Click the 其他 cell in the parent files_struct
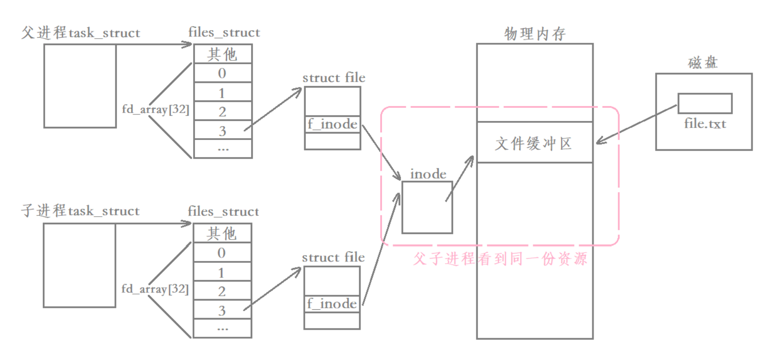pos(223,54)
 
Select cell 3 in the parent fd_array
pos(223,130)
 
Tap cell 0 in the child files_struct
pos(222,253)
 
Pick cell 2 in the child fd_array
pos(222,291)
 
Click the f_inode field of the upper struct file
pos(332,124)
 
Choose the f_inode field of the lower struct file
pos(332,304)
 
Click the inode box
pos(427,207)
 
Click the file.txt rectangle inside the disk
pos(705,103)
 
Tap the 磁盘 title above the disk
pos(703,63)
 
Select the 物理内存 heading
pos(535,33)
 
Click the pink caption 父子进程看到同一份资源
pos(500,259)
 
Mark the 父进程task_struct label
pos(80,33)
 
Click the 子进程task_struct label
pos(80,211)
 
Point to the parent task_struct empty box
pos(80,86)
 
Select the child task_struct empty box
pos(80,265)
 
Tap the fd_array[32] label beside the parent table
pos(155,109)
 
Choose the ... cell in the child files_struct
pos(222,328)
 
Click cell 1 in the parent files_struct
pos(222,93)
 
